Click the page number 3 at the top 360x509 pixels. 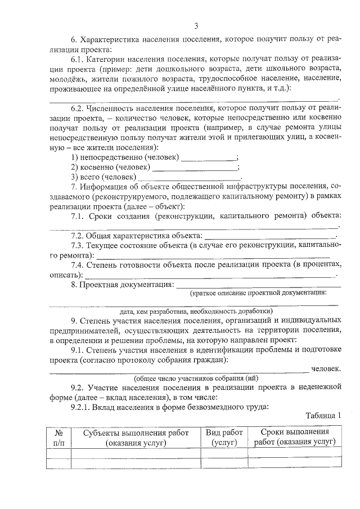[196, 25]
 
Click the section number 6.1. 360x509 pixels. [78, 60]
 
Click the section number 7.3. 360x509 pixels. [78, 245]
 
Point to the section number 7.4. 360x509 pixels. [78, 265]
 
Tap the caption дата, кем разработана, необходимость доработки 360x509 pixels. [196, 311]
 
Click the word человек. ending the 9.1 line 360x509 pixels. [326, 369]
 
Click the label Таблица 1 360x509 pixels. [323, 416]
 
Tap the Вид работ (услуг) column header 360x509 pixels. [224, 437]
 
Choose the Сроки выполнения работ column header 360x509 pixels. [295, 437]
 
